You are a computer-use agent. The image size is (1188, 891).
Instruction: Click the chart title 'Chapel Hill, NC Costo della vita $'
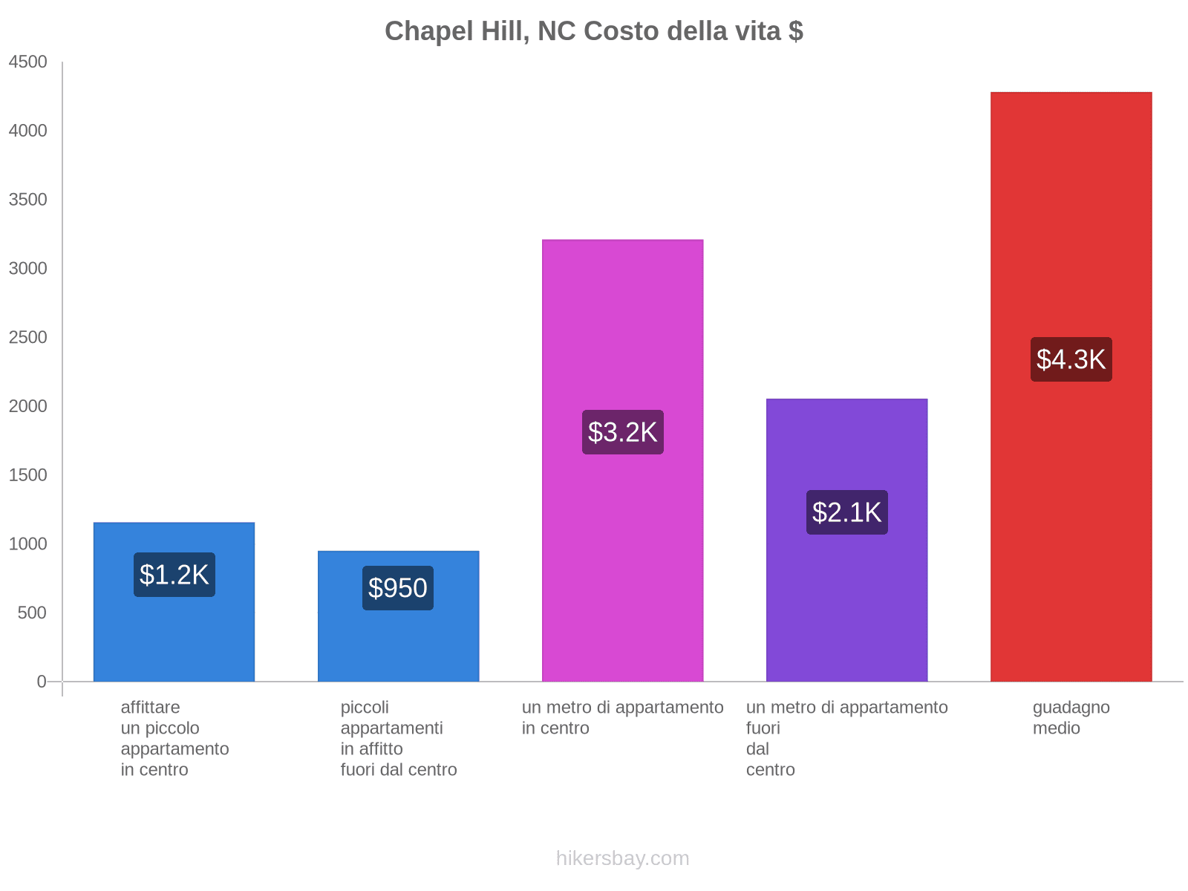593,31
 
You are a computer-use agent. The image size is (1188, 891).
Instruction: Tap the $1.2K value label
174,575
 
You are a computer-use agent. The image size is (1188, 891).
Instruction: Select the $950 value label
398,588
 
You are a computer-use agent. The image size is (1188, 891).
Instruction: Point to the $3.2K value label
622,432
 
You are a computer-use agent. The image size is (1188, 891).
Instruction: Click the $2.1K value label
846,512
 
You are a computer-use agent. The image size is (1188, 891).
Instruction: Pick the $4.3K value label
1071,359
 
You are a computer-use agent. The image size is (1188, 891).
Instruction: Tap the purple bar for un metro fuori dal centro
846,609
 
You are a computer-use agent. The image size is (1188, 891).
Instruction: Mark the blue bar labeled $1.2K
174,639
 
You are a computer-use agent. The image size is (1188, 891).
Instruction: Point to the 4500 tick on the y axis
28,62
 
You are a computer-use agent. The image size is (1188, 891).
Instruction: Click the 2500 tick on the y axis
28,338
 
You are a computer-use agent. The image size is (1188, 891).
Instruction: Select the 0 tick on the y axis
42,682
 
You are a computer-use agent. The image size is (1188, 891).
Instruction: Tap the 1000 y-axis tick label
28,544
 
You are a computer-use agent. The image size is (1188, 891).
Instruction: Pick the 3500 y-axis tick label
28,200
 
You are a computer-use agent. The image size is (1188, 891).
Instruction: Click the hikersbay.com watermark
622,858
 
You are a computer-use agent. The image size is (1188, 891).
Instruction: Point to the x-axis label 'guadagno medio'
1071,718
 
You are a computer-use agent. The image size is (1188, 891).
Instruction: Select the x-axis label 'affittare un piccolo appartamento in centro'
174,738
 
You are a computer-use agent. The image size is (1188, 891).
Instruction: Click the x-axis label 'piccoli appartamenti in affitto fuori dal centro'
398,738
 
